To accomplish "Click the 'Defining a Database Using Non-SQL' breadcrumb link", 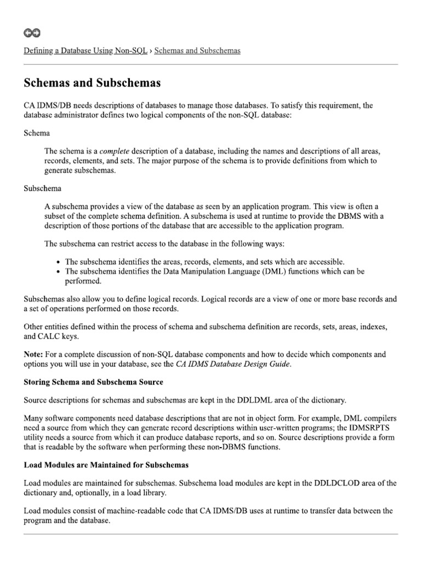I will pos(86,51).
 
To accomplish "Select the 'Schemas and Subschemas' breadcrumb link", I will pos(197,51).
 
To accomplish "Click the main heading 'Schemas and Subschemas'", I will pos(92,83).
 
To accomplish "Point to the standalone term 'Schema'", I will pos(37,133).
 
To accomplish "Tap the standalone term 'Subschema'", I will pos(43,188).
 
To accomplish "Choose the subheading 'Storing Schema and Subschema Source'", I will pos(93,382).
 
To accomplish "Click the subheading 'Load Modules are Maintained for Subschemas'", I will pos(106,465).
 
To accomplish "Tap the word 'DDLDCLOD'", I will pos(335,483).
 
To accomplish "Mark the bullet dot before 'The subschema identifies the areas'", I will pos(59,262).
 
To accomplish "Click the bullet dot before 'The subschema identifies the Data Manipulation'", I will pos(59,272).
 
